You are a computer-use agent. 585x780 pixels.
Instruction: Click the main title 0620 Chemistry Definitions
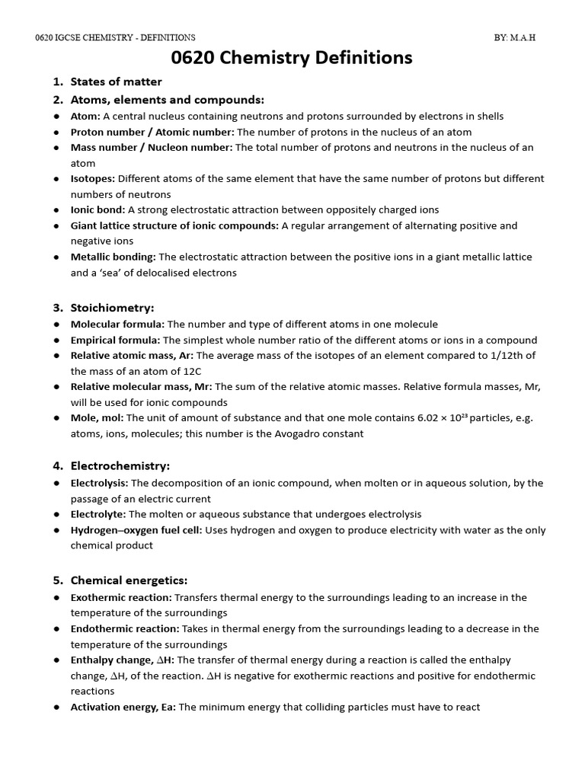(x=292, y=58)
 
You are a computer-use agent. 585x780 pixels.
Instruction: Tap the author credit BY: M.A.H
(x=516, y=37)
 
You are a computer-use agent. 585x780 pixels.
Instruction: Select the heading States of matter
(x=116, y=82)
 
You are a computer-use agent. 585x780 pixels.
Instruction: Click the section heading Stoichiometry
(x=112, y=308)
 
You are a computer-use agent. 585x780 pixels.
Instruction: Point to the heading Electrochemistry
(x=120, y=465)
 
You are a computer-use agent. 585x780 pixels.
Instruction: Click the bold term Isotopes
(x=93, y=178)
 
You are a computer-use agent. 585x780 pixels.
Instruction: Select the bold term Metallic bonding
(x=113, y=257)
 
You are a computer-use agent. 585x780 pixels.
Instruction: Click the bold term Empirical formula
(x=116, y=340)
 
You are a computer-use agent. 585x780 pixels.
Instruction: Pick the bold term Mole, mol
(x=97, y=417)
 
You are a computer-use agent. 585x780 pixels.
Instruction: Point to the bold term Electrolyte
(x=98, y=514)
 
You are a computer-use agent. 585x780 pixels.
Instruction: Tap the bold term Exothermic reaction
(x=121, y=597)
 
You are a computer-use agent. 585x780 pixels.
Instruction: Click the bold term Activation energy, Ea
(x=123, y=707)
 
